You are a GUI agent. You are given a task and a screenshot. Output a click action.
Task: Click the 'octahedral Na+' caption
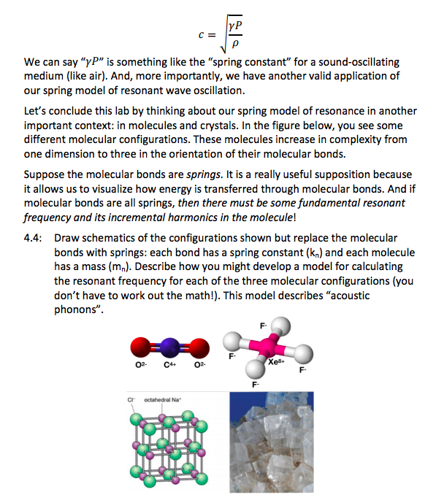click(163, 399)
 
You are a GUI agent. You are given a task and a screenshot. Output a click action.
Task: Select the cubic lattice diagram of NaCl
click(165, 447)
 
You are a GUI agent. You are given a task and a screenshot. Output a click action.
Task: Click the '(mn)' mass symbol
click(132, 266)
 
